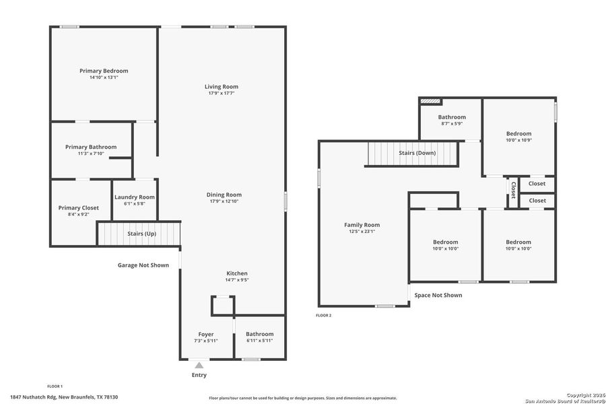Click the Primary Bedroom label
click(x=104, y=71)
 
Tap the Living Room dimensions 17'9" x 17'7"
click(x=222, y=93)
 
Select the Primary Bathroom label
click(x=91, y=147)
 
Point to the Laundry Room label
click(x=135, y=197)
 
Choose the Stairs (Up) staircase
click(x=141, y=234)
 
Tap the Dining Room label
click(x=224, y=195)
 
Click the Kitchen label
click(x=236, y=273)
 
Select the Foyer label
click(x=205, y=334)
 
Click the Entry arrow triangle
click(x=199, y=365)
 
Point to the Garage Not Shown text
click(x=143, y=265)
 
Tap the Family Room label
click(x=362, y=225)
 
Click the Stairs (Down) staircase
click(x=412, y=154)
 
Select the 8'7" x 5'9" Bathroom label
click(x=452, y=117)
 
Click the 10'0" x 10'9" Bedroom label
click(x=518, y=133)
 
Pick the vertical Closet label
click(x=513, y=190)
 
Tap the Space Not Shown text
click(x=438, y=295)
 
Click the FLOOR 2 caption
click(x=324, y=315)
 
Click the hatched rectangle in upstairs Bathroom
click(x=430, y=101)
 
